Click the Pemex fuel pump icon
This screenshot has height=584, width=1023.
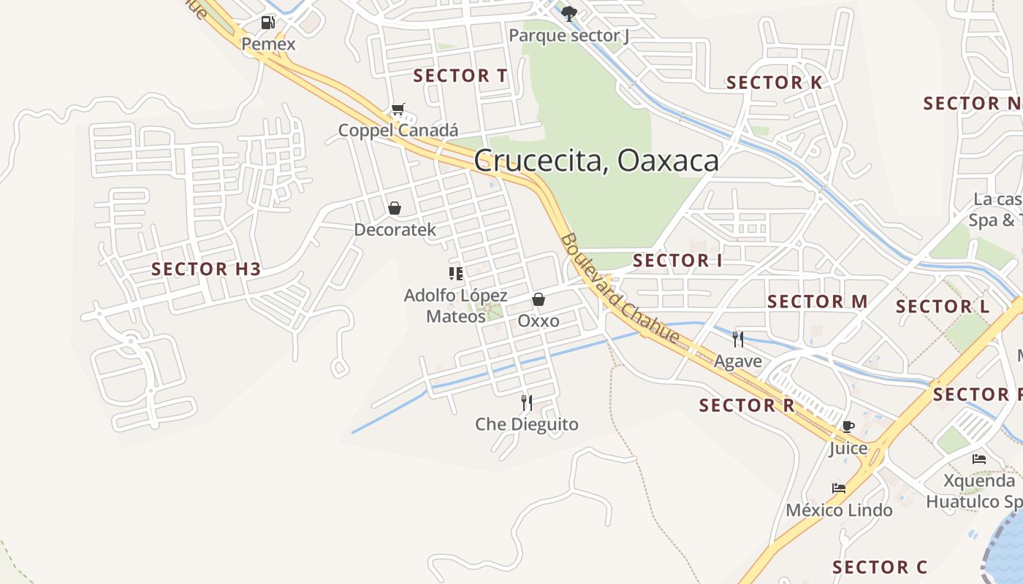(x=268, y=23)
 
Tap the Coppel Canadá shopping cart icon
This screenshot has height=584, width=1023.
(x=398, y=109)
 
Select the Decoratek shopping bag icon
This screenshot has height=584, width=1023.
(x=395, y=209)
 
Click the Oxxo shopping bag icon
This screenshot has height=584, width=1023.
(x=539, y=299)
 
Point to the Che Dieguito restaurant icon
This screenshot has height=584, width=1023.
(x=526, y=402)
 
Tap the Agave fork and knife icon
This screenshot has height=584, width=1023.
(x=738, y=339)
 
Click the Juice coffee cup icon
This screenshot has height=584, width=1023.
(x=848, y=426)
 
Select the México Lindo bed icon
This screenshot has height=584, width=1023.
(x=839, y=488)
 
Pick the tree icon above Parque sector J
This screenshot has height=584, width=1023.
(x=569, y=13)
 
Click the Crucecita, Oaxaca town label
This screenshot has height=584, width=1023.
(x=596, y=161)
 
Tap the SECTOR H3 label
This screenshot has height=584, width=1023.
(x=206, y=269)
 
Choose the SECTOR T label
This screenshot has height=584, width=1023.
(x=460, y=76)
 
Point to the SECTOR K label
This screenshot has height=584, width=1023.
(x=774, y=82)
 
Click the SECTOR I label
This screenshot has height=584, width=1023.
(x=677, y=261)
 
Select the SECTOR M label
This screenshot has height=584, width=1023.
(x=817, y=301)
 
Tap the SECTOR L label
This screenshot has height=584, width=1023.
(x=943, y=307)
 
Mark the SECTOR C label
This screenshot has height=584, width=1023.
(x=880, y=567)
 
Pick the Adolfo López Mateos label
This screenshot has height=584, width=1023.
(x=456, y=306)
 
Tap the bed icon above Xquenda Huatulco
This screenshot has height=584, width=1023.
(x=979, y=459)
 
